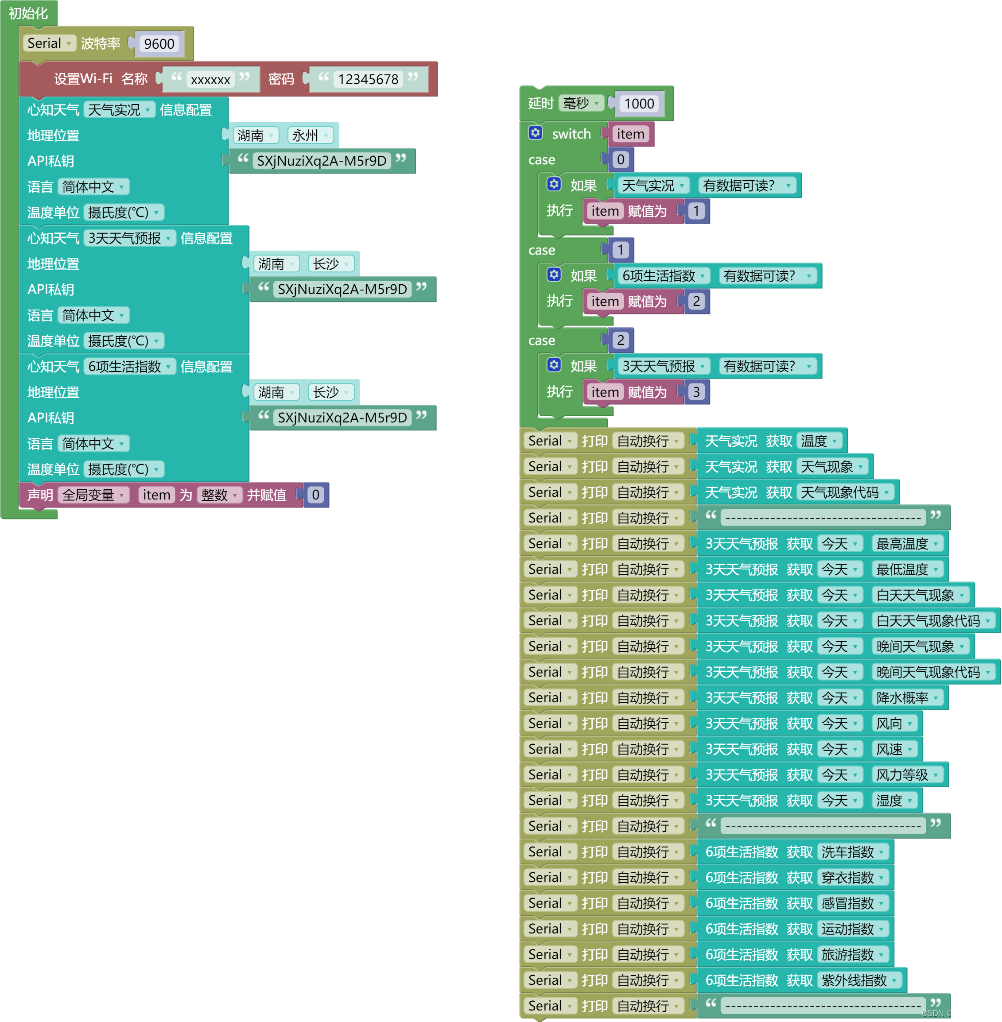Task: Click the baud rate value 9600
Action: pyautogui.click(x=159, y=44)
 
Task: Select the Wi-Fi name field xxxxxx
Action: pyautogui.click(x=210, y=79)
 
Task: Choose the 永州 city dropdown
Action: pyautogui.click(x=310, y=135)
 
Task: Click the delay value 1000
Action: pyautogui.click(x=639, y=104)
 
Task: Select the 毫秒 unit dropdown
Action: pyautogui.click(x=580, y=103)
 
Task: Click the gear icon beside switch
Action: pyautogui.click(x=535, y=133)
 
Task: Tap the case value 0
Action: pyautogui.click(x=621, y=159)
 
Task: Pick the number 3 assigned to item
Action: pyautogui.click(x=696, y=392)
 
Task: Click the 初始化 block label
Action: pyautogui.click(x=28, y=13)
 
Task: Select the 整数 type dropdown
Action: pyautogui.click(x=219, y=495)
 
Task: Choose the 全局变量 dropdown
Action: pyautogui.click(x=93, y=495)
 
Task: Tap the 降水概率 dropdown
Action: pyautogui.click(x=907, y=697)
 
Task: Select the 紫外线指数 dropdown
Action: pyautogui.click(x=859, y=980)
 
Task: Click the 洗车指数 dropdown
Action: pyautogui.click(x=853, y=852)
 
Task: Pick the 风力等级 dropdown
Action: pyautogui.click(x=907, y=775)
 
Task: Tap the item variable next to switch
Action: pyautogui.click(x=630, y=134)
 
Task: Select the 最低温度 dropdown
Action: pyautogui.click(x=907, y=569)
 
